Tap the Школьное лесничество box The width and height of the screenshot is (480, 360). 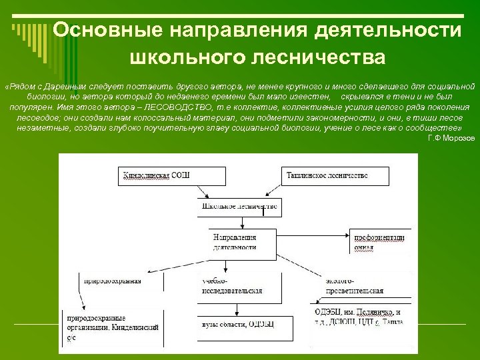(x=237, y=207)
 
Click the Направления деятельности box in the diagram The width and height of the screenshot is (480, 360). (x=233, y=241)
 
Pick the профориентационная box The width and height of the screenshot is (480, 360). (x=380, y=241)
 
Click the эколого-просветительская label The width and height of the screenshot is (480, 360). (x=353, y=286)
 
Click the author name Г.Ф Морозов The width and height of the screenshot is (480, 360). (x=451, y=137)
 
